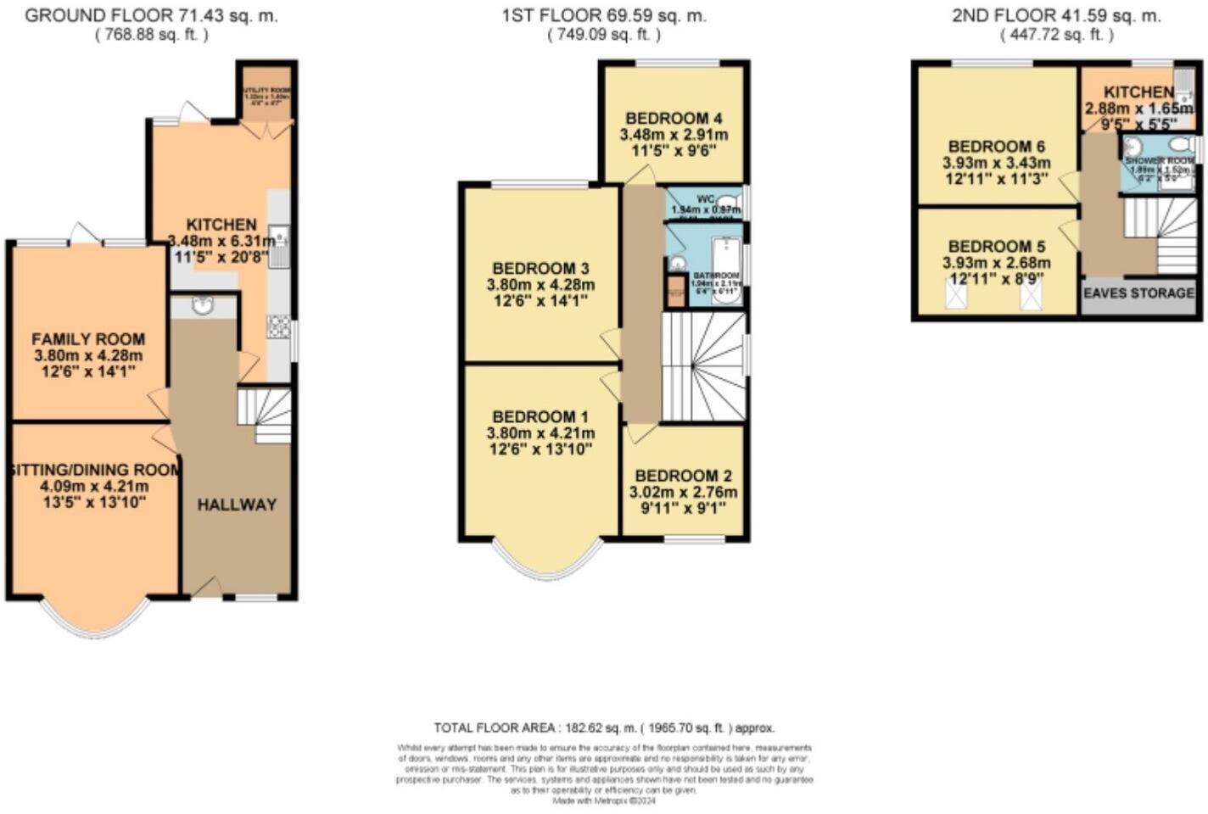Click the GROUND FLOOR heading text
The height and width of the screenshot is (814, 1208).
151,16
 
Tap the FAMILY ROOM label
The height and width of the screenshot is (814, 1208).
88,339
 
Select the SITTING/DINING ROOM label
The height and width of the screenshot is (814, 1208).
94,470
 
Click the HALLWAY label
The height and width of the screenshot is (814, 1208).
237,505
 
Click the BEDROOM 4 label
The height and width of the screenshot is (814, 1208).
674,118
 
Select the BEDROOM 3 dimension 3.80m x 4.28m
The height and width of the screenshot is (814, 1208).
540,285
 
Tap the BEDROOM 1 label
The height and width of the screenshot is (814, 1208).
540,417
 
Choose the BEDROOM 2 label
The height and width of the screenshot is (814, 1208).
683,477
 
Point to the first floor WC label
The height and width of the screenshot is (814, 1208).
706,199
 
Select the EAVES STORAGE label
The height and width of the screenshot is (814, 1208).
1138,293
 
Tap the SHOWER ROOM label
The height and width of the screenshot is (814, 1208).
1159,160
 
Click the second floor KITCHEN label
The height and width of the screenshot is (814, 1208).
1138,92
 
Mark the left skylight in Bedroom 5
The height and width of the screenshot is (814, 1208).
956,296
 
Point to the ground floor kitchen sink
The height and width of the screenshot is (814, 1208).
278,237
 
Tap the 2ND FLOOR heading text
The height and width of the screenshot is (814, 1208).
1056,16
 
